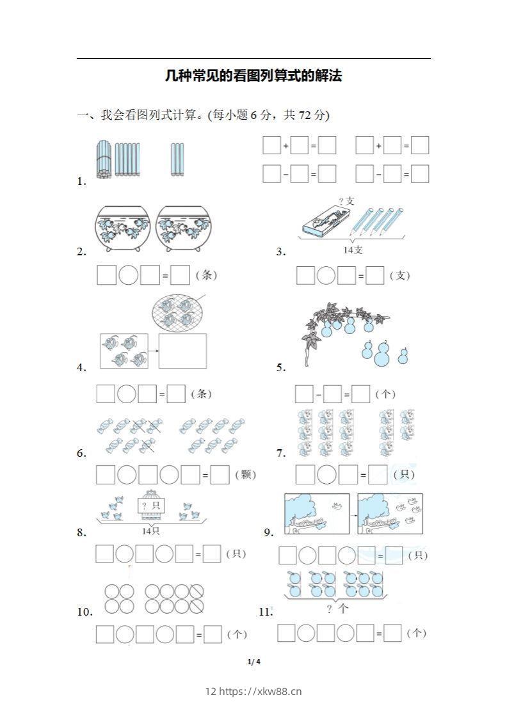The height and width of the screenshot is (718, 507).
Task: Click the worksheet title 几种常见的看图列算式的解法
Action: (x=253, y=76)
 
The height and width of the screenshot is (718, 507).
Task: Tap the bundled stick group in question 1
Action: (x=104, y=159)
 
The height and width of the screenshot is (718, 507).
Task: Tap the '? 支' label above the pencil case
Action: (x=346, y=201)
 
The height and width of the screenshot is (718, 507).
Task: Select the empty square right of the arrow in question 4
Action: (x=182, y=351)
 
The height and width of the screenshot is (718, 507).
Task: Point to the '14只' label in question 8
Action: (x=151, y=531)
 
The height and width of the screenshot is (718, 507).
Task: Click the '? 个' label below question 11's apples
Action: (x=337, y=609)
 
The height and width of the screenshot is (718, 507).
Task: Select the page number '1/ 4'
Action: (x=253, y=662)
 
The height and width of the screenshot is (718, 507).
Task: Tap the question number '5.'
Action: (x=281, y=367)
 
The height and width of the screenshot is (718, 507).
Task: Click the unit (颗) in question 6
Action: (x=245, y=474)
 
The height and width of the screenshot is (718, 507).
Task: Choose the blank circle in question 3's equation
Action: (x=326, y=276)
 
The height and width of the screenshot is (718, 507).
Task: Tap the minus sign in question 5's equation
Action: (x=319, y=394)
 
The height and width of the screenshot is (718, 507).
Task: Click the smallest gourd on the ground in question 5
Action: (x=404, y=356)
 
